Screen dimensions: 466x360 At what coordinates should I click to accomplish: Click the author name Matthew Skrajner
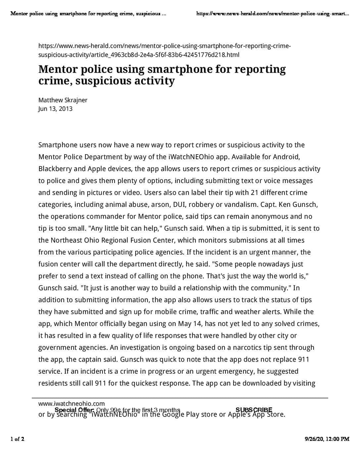click(63, 100)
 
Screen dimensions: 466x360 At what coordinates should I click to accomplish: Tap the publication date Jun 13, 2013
click(55, 109)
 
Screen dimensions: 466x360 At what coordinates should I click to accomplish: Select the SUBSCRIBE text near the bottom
click(254, 410)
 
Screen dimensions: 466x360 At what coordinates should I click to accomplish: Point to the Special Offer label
click(74, 410)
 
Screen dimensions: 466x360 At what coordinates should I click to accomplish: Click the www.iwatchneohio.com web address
click(71, 403)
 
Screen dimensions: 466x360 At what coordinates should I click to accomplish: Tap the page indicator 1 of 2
click(17, 439)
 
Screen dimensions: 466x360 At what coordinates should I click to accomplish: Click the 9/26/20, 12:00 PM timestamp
click(327, 439)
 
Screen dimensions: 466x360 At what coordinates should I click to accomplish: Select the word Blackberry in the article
click(55, 169)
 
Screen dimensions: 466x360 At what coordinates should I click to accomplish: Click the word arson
click(160, 205)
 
